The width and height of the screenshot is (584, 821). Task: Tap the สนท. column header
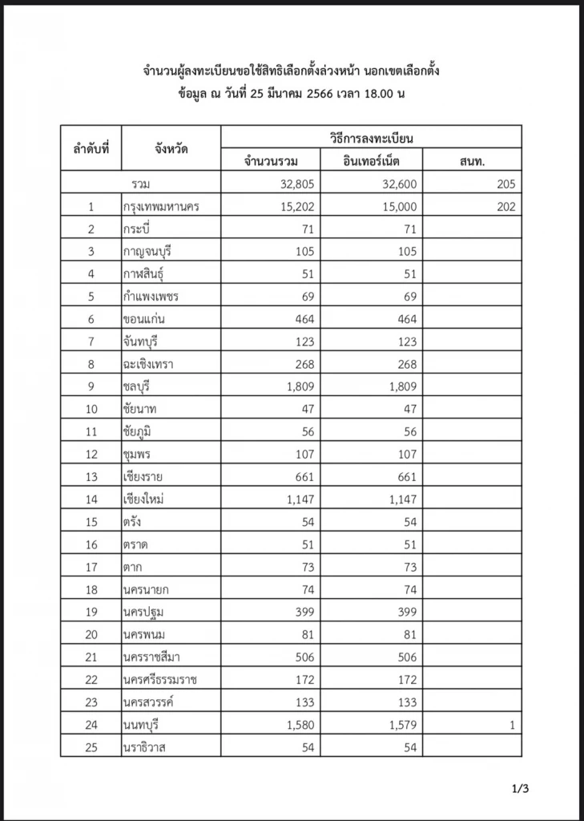point(472,160)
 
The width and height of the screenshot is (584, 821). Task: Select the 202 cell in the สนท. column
point(505,207)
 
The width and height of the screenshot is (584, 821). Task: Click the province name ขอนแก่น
point(144,319)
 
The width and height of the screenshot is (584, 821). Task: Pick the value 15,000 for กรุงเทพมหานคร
point(396,207)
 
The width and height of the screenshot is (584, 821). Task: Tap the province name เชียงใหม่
point(144,499)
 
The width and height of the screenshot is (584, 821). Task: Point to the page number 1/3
point(520,789)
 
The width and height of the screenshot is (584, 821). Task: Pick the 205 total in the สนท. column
point(505,184)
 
